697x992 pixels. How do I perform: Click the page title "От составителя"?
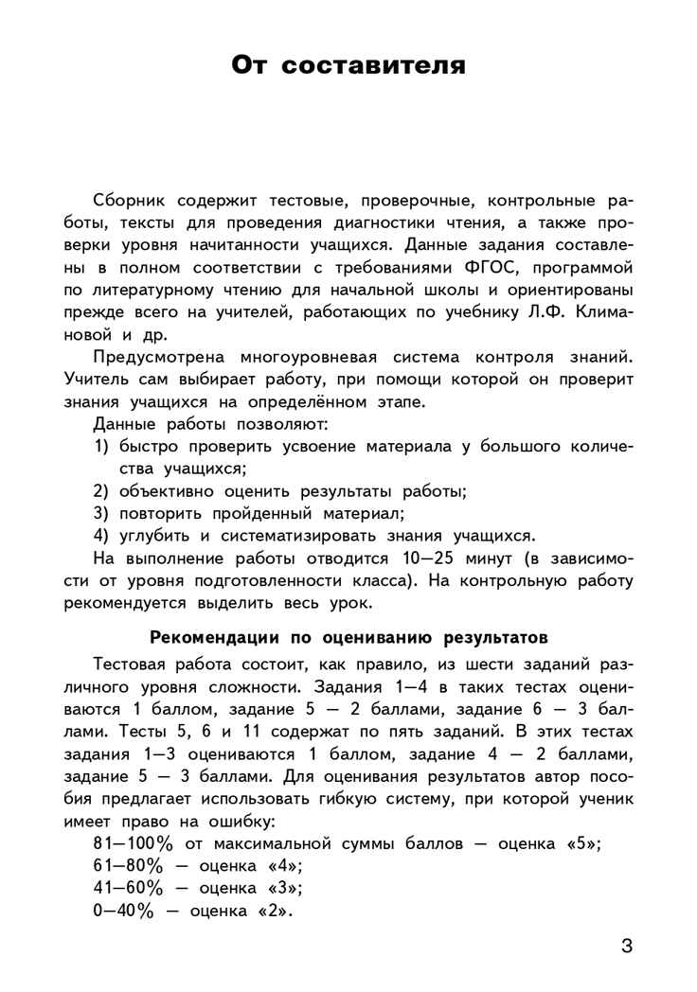coord(348,65)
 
